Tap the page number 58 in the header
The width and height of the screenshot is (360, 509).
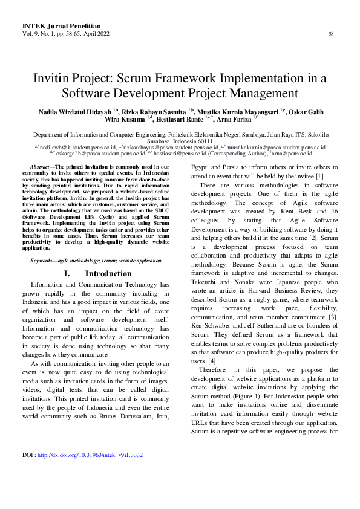coord(331,34)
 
